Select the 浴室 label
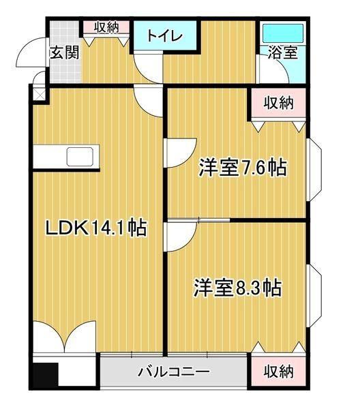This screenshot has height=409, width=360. [x=282, y=53]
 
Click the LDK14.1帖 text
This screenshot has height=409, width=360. [x=95, y=228]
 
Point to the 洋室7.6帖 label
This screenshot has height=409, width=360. [x=242, y=167]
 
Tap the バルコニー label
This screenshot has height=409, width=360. [x=173, y=372]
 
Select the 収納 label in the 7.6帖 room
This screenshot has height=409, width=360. [x=278, y=104]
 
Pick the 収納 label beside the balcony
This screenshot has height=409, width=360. [x=278, y=372]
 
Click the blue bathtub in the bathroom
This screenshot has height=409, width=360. [x=282, y=32]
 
